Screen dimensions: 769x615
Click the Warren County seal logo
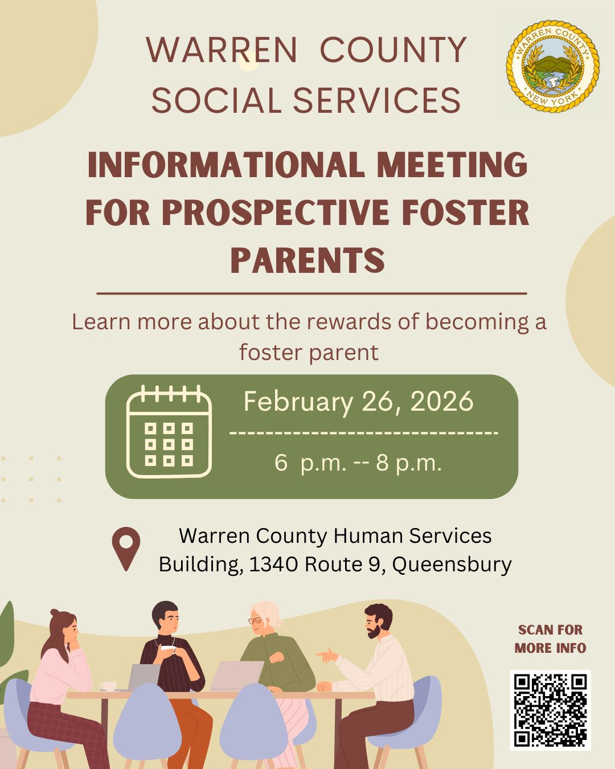552,67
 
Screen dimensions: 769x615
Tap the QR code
550,710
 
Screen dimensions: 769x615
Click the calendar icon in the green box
169,432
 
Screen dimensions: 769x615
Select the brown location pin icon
126,548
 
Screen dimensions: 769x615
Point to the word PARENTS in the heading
307,260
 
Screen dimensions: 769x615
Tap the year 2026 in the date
442,401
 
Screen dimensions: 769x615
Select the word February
298,402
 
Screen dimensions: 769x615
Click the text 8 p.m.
408,463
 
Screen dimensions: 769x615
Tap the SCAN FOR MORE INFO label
550,639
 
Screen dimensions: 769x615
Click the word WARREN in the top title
222,50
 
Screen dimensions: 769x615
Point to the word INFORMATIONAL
225,165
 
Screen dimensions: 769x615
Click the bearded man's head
378,620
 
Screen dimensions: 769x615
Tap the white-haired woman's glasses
256,620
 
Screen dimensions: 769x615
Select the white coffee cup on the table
108,686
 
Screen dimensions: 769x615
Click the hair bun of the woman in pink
55,613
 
